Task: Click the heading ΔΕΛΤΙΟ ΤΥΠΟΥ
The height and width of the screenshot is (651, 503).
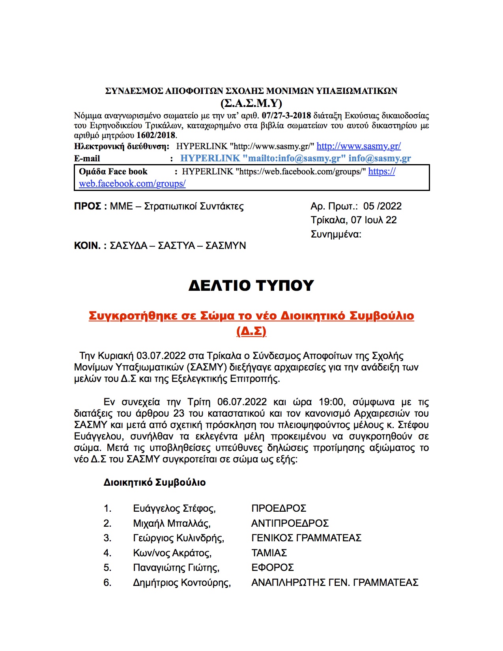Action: [x=251, y=286]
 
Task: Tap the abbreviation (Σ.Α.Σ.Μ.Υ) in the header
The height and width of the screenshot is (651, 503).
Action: [x=251, y=103]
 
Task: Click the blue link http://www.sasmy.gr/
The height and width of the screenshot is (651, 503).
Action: [x=359, y=146]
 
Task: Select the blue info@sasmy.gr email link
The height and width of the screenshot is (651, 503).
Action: [x=380, y=159]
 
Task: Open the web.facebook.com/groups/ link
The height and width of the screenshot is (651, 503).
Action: [x=132, y=184]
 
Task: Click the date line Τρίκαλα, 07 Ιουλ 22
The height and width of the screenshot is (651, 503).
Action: [x=353, y=220]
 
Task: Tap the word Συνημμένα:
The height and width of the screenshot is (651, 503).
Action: [x=336, y=234]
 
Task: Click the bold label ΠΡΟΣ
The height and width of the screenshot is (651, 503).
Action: [x=88, y=206]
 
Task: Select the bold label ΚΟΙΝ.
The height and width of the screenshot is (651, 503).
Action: [x=87, y=246]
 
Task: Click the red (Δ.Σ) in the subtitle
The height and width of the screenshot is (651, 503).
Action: [x=251, y=331]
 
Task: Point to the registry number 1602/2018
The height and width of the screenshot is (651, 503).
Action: [x=156, y=135]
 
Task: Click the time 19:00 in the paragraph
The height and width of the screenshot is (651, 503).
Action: [x=331, y=402]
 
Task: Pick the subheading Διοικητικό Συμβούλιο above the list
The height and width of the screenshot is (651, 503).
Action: [x=154, y=483]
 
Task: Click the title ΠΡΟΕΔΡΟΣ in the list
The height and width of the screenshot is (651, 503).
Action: [x=279, y=509]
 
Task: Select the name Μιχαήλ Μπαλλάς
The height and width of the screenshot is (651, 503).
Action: [x=172, y=524]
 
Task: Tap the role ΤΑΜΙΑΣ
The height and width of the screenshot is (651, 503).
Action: [x=269, y=553]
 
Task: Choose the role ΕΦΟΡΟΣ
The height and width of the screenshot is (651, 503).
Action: [x=273, y=568]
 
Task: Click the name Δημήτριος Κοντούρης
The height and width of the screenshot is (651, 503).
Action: [x=181, y=583]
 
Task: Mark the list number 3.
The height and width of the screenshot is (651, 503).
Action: [x=107, y=538]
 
